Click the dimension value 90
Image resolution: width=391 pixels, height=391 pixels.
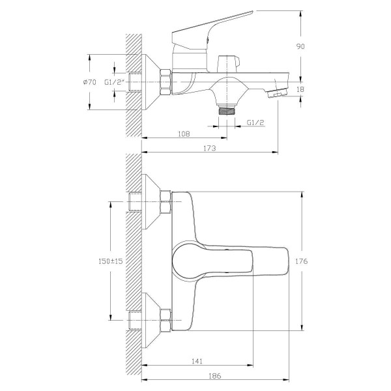(x=300, y=46)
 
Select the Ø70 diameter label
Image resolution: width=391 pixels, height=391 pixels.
(x=90, y=82)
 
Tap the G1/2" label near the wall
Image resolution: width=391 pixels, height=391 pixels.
(x=115, y=82)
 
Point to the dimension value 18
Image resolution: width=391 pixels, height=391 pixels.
(x=300, y=89)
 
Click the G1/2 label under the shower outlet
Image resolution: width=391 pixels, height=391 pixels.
(x=255, y=123)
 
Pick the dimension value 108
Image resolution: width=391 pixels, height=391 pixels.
(x=184, y=134)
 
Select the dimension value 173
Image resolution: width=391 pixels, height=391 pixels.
(x=209, y=148)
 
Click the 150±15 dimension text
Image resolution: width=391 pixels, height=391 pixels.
(x=111, y=261)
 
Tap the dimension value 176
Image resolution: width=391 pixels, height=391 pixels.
(x=302, y=261)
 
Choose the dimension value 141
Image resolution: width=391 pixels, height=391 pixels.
(x=197, y=361)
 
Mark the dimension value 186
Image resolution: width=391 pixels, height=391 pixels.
(x=215, y=375)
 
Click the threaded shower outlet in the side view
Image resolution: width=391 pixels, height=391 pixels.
(x=227, y=110)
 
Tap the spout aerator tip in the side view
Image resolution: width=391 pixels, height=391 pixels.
(x=277, y=93)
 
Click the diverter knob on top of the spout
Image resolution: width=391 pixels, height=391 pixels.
(x=228, y=64)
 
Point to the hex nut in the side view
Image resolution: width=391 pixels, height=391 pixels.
(x=166, y=82)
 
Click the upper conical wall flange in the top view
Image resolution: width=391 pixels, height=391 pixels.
(x=151, y=201)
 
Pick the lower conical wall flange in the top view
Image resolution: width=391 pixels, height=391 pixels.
(x=151, y=320)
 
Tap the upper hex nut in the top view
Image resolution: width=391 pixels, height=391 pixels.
(x=166, y=202)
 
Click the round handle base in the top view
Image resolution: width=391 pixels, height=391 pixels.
(x=187, y=261)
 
